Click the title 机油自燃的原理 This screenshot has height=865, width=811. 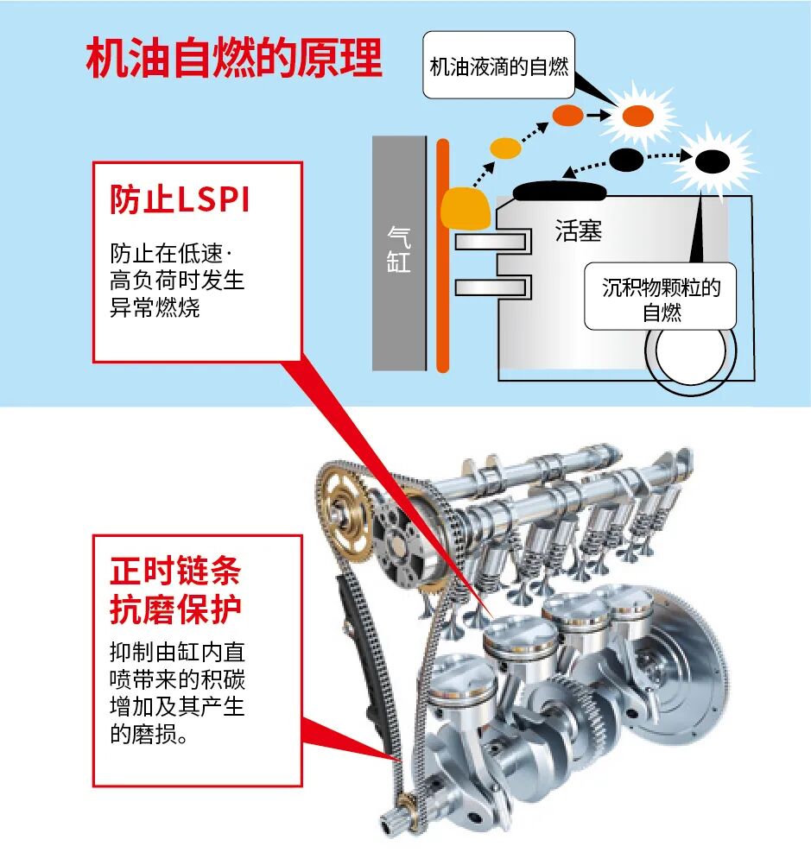coord(234,59)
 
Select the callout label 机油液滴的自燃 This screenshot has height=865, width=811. coord(499,66)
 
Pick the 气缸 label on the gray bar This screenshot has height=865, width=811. coord(398,249)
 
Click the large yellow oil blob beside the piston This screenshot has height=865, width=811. coord(465,208)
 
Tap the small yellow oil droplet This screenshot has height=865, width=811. coord(505,147)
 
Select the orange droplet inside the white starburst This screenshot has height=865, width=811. coord(637,116)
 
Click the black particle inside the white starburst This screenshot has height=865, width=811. coord(713,160)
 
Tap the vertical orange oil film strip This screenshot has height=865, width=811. coord(443,259)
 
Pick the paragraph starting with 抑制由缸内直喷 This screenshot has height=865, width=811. coord(177,693)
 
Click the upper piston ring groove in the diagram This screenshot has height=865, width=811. coord(492,242)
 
